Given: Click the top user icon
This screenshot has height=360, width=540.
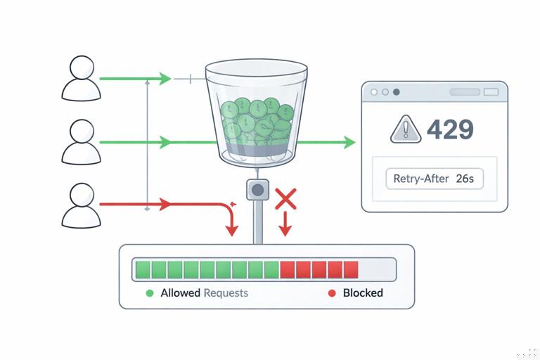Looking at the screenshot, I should [82, 78].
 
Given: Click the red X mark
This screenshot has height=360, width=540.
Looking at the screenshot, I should [285, 199].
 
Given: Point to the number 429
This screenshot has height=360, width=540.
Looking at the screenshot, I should [450, 129].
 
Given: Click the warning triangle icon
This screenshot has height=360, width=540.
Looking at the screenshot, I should [406, 129].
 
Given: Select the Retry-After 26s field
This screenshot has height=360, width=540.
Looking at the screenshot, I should [434, 179].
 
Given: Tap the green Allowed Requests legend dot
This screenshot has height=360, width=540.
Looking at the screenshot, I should [149, 292].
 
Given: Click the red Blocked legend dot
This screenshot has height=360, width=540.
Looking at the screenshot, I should [332, 292].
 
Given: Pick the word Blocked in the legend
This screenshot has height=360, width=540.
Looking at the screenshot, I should [363, 292].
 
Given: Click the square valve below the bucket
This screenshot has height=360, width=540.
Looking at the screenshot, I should [258, 189].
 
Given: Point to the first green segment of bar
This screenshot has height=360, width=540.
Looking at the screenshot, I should [143, 269].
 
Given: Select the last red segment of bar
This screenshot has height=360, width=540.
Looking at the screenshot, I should [351, 269].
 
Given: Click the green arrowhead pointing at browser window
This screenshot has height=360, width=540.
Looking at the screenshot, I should [349, 143].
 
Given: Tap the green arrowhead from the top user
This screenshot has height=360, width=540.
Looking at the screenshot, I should [166, 79].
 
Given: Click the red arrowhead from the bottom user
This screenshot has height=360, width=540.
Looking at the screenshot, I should [165, 205].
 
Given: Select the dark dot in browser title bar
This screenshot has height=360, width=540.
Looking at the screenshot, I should [397, 92].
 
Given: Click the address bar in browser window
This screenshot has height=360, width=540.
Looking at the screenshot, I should [464, 92].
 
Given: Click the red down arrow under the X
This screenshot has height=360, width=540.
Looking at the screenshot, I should [285, 229].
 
